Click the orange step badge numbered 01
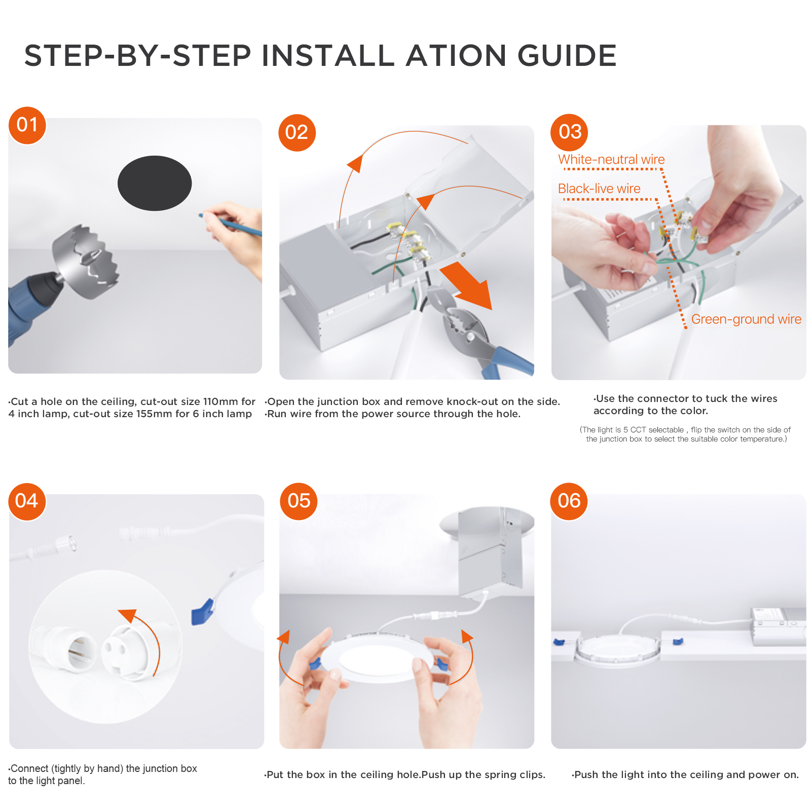tap(27, 125)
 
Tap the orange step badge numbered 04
tap(27, 501)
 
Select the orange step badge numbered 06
tap(569, 501)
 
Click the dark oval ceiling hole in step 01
tap(155, 183)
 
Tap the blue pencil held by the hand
tap(231, 224)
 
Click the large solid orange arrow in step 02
tap(467, 285)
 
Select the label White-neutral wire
tap(611, 159)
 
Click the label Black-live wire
tap(599, 189)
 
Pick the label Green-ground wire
tap(746, 319)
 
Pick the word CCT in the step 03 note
tap(638, 430)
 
